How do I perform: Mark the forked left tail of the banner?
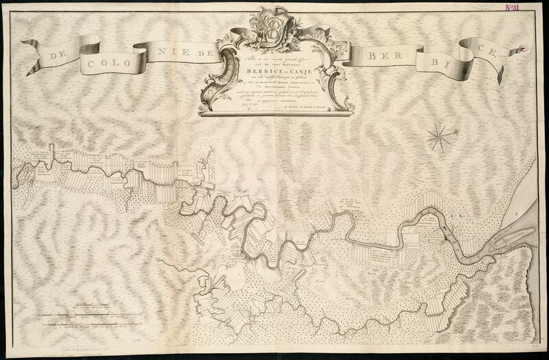29,46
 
